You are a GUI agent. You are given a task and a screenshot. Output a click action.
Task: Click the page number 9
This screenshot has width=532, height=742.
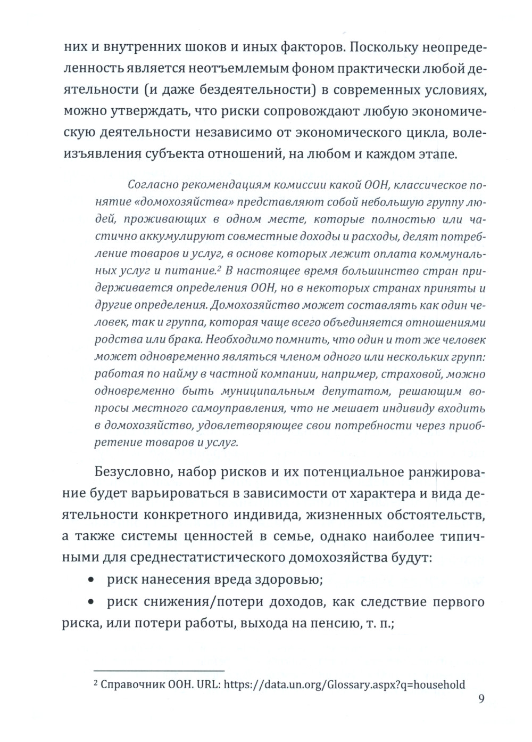[481, 699]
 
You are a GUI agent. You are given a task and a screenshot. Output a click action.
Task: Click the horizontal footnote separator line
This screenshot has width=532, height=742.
[159, 671]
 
